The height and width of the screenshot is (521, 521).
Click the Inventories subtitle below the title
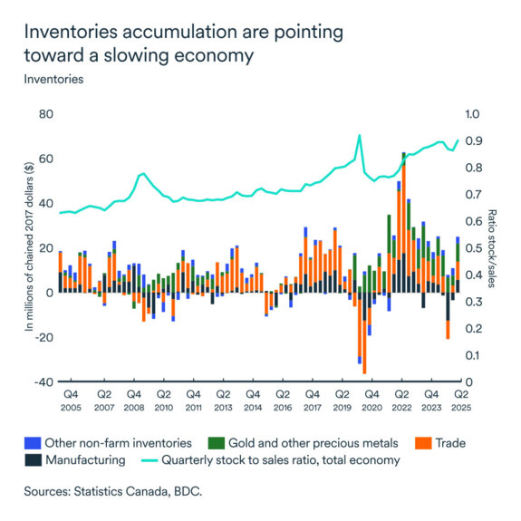click(x=54, y=79)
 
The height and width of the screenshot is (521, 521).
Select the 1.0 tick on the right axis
click(x=476, y=115)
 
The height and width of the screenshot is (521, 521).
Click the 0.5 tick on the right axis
click(x=476, y=248)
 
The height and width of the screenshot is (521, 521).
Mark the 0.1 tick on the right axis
click(x=476, y=355)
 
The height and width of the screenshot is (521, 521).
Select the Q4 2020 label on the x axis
click(x=371, y=401)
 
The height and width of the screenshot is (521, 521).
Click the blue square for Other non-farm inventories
click(x=34, y=442)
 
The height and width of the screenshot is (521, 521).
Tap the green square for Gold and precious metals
click(x=216, y=442)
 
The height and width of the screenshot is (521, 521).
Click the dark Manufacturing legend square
click(x=34, y=459)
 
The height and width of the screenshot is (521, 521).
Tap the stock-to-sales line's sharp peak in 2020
click(x=359, y=135)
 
